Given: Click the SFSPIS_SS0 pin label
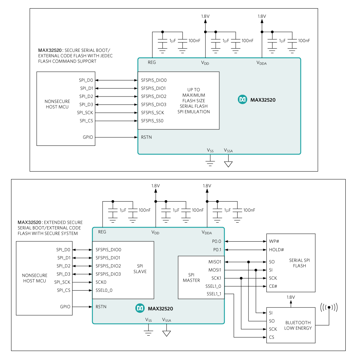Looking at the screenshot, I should (x=152, y=121).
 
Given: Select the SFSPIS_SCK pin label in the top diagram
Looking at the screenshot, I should (x=152, y=113).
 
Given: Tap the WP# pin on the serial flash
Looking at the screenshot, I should (x=274, y=241).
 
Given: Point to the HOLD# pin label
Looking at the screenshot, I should (x=276, y=249).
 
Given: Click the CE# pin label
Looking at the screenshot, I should (x=273, y=286).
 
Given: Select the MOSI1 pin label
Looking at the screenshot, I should (x=215, y=270).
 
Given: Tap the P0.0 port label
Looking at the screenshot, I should (x=217, y=241).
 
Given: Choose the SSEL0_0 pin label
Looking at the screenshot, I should (x=104, y=290).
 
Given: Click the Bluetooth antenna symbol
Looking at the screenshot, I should (x=329, y=307).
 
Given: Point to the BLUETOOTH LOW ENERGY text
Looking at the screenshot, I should (x=298, y=325).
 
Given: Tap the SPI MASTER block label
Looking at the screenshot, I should (x=191, y=277).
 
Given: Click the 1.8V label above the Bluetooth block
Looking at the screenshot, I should (x=291, y=297).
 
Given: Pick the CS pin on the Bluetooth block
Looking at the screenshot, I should (x=272, y=337).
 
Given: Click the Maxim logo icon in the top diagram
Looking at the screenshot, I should (x=242, y=100).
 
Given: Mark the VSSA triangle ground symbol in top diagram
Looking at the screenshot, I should (x=228, y=164).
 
